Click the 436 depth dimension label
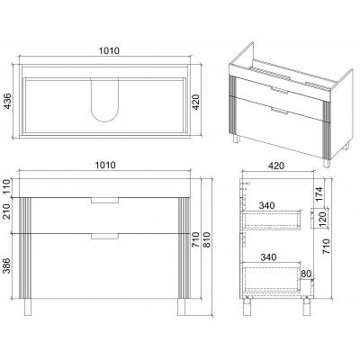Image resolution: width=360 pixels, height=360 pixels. (8, 101)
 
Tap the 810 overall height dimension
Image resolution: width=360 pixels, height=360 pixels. (207, 239)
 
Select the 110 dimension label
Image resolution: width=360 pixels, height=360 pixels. (6, 187)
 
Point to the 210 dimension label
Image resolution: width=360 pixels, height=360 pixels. (6, 211)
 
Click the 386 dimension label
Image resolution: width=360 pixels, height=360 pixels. (6, 265)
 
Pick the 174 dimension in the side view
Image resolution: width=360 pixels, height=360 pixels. (319, 194)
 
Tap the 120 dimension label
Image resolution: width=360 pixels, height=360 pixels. (322, 218)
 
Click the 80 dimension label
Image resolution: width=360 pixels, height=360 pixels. (305, 274)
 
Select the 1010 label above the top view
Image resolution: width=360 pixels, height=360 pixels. (109, 51)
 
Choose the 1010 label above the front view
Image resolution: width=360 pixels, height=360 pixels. (105, 165)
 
